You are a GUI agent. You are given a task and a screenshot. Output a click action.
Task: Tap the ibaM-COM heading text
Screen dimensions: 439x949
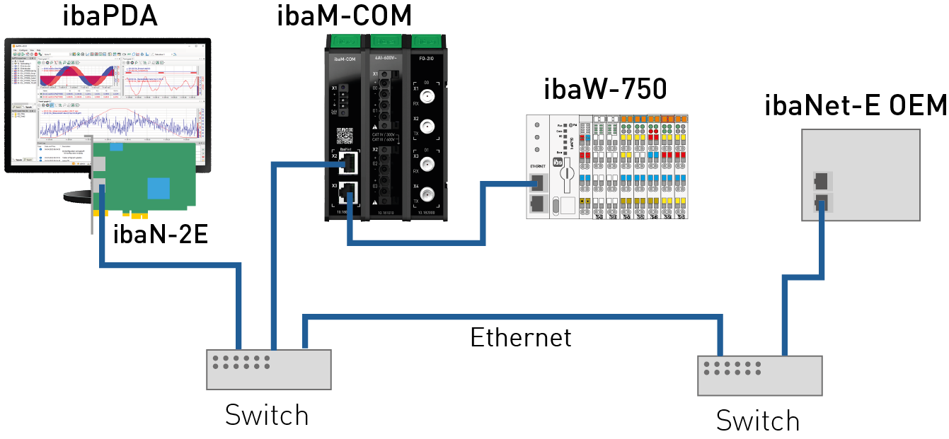(x=343, y=16)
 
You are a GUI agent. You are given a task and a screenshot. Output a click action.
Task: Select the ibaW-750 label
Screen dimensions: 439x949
(x=605, y=90)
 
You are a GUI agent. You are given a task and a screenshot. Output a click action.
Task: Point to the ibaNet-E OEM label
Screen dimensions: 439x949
(x=855, y=106)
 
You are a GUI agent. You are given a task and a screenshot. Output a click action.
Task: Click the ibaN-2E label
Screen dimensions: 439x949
(x=161, y=234)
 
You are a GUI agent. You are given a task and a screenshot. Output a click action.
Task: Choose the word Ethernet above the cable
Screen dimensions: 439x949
(x=521, y=337)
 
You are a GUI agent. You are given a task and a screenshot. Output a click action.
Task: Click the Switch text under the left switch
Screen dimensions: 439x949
(x=267, y=415)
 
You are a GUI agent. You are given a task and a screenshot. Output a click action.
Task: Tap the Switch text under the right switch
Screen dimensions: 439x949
(x=757, y=421)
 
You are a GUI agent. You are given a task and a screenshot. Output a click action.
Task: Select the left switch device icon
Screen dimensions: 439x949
(x=268, y=369)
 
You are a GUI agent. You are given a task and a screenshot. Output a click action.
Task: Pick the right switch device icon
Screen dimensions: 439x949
(x=760, y=375)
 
